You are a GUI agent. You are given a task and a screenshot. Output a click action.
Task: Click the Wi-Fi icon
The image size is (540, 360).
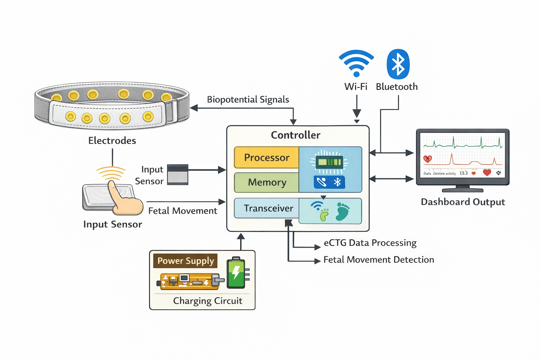[356, 63]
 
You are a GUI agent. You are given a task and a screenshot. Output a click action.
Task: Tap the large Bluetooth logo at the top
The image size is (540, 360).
[398, 64]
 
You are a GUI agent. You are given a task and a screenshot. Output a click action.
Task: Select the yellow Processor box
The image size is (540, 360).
[266, 157]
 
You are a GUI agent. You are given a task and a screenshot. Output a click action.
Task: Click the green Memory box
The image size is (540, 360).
[266, 182]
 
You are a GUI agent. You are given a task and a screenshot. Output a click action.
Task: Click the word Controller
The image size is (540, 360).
[295, 135]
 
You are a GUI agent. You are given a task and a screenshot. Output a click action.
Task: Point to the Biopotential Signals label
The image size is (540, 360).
[248, 99]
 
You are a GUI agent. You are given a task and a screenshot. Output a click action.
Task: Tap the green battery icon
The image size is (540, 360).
[236, 273]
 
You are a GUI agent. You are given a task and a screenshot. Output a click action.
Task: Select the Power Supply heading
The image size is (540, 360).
[185, 261]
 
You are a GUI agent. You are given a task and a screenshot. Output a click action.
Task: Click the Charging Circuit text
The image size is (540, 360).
[207, 301]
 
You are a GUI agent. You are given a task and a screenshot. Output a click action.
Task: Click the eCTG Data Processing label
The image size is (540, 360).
[370, 243]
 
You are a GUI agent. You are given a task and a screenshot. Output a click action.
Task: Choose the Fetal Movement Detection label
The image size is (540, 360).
[379, 260]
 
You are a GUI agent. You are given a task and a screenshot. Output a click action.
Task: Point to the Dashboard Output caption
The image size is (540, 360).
[463, 202]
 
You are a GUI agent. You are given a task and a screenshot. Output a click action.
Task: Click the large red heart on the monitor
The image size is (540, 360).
[487, 172]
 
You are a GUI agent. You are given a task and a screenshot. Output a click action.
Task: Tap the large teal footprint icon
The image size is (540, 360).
[342, 211]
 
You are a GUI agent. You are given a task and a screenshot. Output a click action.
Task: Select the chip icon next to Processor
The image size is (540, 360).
[329, 162]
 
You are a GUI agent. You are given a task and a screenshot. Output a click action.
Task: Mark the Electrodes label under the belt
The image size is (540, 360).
[112, 141]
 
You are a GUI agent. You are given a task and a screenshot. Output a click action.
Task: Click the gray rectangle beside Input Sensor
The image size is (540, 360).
[178, 174]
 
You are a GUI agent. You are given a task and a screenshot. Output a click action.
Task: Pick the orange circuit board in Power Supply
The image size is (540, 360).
[188, 281]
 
